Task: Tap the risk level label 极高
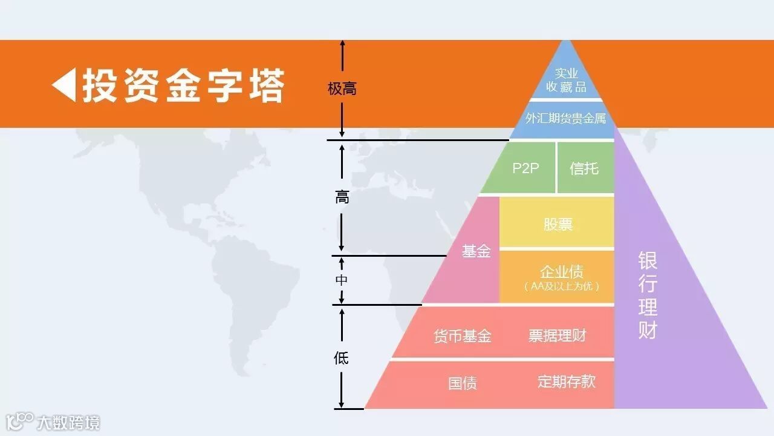click(x=342, y=89)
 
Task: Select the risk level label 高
click(x=342, y=197)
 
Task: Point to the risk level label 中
click(x=342, y=280)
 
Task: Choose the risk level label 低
click(x=342, y=358)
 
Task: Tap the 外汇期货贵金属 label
click(x=565, y=118)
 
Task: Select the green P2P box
click(x=525, y=168)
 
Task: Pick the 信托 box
click(x=584, y=168)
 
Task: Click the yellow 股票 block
click(x=558, y=224)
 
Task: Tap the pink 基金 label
click(x=476, y=251)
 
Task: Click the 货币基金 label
click(x=463, y=336)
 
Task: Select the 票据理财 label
click(x=558, y=335)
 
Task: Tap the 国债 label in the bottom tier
click(x=463, y=383)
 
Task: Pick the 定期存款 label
click(x=567, y=381)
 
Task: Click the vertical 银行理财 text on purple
click(x=648, y=296)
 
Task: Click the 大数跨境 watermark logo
click(x=53, y=421)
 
